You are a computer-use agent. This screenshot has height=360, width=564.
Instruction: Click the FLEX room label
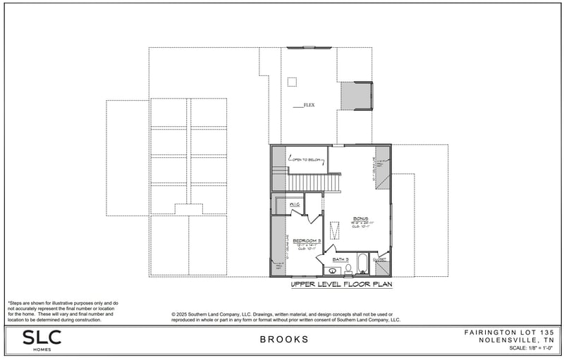[309, 105]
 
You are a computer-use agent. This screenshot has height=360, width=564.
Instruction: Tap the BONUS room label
[360, 218]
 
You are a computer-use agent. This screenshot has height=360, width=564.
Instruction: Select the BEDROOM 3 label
[307, 240]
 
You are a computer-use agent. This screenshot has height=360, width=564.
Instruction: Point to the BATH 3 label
[341, 259]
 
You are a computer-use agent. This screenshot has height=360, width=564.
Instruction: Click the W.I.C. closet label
[295, 204]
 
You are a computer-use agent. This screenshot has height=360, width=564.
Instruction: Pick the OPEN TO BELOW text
[307, 159]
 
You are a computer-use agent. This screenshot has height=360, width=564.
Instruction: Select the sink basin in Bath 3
[331, 270]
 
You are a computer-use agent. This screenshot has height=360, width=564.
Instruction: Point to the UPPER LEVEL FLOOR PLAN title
[341, 285]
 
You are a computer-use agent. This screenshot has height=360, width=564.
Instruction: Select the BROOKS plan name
[284, 340]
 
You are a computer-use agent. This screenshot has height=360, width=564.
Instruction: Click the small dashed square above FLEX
[292, 82]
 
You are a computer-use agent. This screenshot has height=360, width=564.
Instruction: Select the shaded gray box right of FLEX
[356, 96]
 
